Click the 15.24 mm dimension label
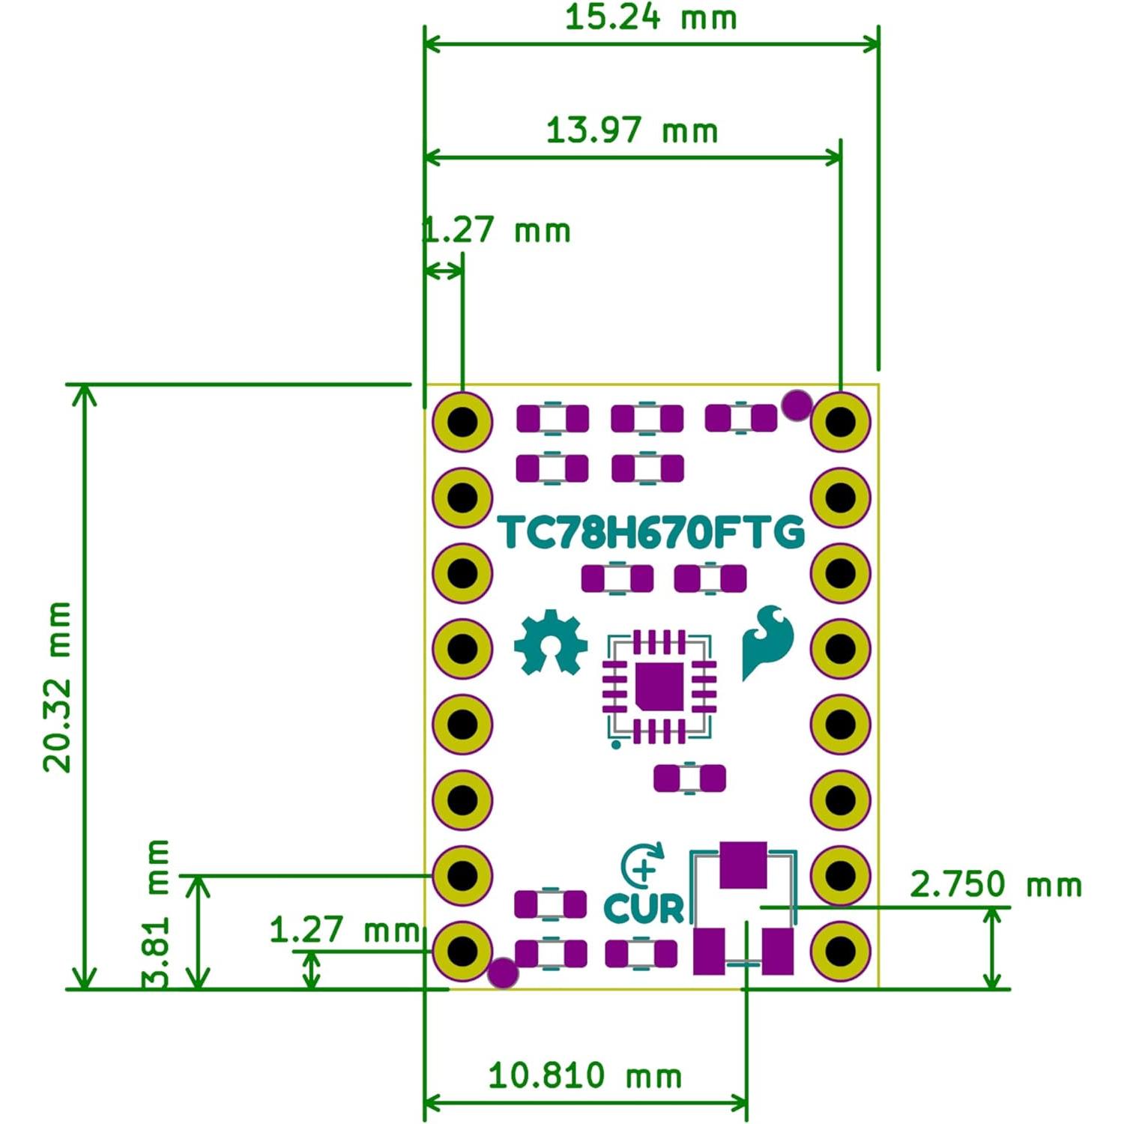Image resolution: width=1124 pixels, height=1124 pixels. coord(650,17)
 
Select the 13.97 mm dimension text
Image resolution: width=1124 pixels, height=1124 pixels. coord(632,130)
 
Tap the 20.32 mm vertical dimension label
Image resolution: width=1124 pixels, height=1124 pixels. coord(57,686)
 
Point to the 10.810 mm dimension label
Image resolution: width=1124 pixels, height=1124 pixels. coord(584,1076)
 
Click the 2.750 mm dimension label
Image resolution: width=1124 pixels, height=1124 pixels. coord(996,885)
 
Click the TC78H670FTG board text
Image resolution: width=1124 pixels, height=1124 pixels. coord(651,533)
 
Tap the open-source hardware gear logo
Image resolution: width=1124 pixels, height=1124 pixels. coord(551,643)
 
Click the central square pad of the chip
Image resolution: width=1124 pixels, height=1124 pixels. coord(659,686)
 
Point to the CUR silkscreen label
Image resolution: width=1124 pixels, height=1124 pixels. coord(644,908)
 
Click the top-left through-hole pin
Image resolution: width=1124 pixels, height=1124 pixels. coord(462,421)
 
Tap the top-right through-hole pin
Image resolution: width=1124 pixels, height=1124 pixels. coord(840,421)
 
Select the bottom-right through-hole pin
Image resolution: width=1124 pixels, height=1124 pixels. coord(840,951)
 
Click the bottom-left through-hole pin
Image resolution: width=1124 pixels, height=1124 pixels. coord(462,951)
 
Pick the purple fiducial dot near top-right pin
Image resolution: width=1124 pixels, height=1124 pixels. coord(796,405)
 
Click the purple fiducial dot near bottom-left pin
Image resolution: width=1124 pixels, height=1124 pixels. coord(502,973)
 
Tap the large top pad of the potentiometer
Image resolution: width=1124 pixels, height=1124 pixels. coord(743,865)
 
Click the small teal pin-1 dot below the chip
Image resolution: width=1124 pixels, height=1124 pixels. coord(616,744)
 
